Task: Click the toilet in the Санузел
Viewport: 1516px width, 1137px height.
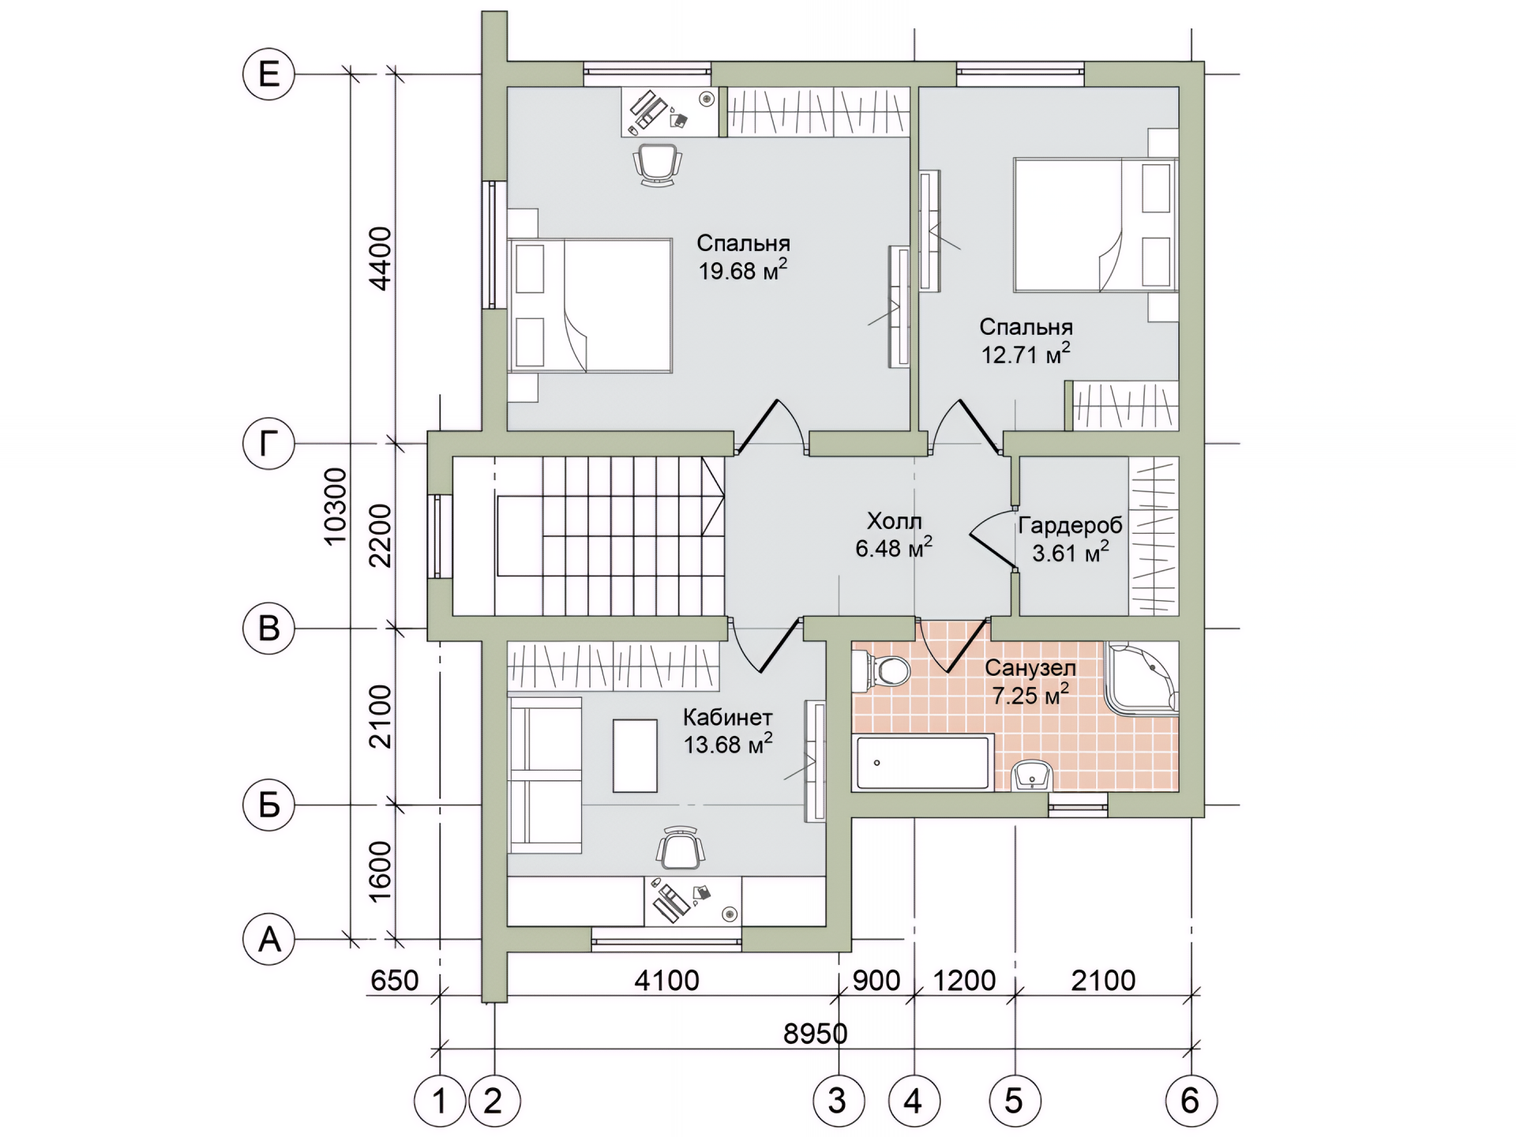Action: point(883,671)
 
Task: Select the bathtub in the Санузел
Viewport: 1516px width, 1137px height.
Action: point(922,763)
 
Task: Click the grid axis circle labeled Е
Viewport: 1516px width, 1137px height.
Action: point(268,75)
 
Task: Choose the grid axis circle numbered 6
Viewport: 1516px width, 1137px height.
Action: point(1190,1100)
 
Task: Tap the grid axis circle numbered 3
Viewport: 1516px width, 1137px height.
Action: point(838,1100)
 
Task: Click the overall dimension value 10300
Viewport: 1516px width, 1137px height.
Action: point(336,506)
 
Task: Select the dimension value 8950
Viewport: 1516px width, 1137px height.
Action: point(816,1034)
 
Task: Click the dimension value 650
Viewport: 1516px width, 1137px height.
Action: point(394,981)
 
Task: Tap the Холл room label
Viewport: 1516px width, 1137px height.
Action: point(894,521)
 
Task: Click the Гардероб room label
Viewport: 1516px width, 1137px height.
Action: point(1070,525)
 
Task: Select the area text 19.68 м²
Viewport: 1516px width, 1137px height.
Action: point(742,269)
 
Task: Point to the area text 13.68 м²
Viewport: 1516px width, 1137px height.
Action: point(727,743)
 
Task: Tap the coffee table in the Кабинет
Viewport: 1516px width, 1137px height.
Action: point(636,755)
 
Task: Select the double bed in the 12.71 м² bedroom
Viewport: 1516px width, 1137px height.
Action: point(1095,225)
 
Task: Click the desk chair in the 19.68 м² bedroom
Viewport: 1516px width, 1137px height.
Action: point(657,164)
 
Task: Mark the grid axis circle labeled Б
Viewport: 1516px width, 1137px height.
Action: point(268,805)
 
